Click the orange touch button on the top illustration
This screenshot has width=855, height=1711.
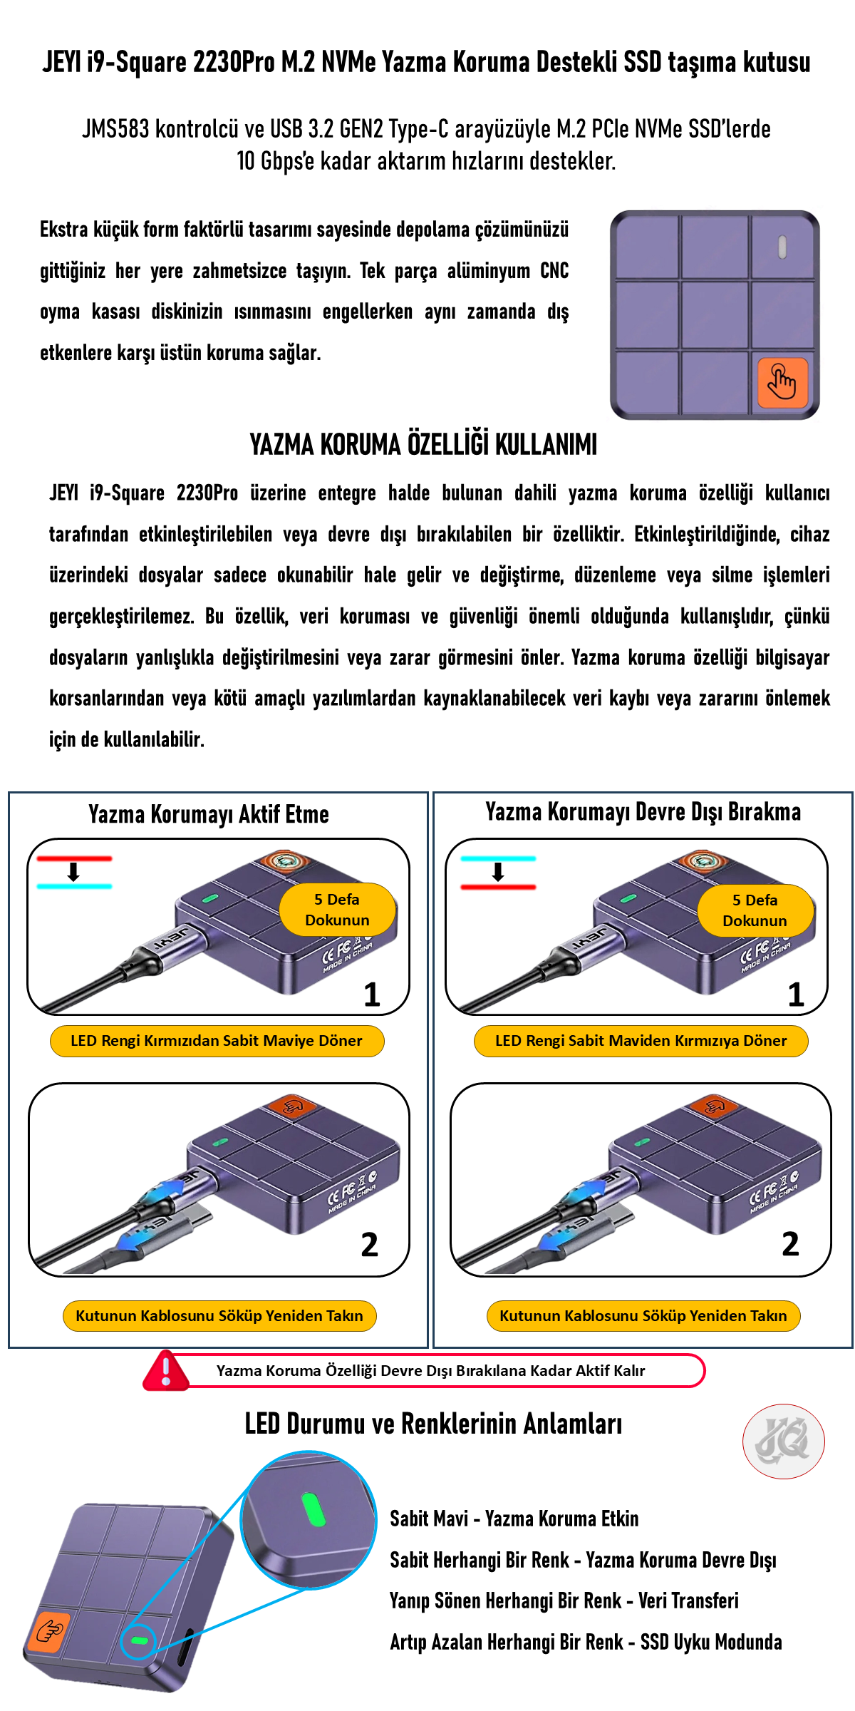tap(782, 383)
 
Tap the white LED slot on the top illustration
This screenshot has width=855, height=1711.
tap(782, 247)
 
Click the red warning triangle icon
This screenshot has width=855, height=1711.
tap(166, 1370)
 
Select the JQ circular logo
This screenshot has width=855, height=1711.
tap(784, 1442)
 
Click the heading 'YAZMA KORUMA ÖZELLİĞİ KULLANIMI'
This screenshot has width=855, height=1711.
tap(423, 444)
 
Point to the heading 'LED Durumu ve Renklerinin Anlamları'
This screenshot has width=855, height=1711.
tap(433, 1424)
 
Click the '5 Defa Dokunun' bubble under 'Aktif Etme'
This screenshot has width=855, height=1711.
tap(337, 910)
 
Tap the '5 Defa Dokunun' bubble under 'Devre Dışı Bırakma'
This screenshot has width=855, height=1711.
tap(755, 910)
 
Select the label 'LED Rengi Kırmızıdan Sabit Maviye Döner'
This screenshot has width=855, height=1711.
tap(217, 1041)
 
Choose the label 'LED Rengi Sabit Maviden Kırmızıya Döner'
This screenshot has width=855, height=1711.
tap(641, 1041)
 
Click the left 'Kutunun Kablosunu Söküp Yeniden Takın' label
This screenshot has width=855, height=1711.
tap(219, 1315)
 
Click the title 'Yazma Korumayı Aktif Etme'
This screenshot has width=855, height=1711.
tap(209, 814)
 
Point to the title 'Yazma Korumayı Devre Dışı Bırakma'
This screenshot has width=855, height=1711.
tap(643, 811)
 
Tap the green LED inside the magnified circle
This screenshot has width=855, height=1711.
tap(313, 1509)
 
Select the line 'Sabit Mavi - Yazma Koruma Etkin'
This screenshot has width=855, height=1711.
tap(514, 1519)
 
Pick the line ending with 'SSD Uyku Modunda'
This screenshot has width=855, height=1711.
tap(586, 1642)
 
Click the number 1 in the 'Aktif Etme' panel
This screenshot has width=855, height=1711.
tap(372, 995)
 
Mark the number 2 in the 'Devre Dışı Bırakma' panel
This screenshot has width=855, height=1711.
tap(790, 1244)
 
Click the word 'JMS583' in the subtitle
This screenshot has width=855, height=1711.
tap(115, 129)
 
